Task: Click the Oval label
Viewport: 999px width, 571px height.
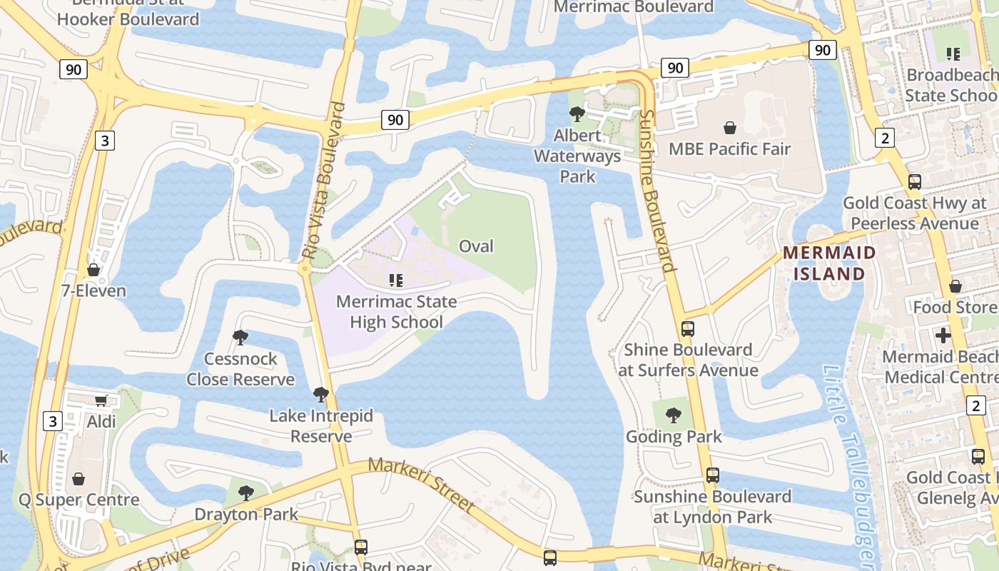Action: point(476,246)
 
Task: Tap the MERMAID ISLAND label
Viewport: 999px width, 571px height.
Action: point(829,263)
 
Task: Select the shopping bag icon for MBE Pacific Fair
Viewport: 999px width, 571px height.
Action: point(730,128)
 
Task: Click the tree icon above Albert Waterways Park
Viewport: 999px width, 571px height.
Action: point(577,114)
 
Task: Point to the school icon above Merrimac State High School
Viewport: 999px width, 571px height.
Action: point(396,281)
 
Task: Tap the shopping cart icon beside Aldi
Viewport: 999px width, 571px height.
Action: point(101,400)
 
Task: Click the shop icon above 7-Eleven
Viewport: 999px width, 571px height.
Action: point(93,270)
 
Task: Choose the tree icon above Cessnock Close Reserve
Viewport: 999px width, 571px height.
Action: point(240,337)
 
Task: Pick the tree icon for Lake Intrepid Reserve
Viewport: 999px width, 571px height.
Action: point(321,394)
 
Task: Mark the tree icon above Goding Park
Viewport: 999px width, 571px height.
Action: point(673,415)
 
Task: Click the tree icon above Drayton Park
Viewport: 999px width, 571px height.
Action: point(246,492)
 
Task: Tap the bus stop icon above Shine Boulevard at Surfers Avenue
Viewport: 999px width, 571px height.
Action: point(688,328)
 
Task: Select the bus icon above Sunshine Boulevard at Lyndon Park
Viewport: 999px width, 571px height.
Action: point(712,475)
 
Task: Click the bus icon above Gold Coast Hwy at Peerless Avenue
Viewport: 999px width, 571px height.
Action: point(915,181)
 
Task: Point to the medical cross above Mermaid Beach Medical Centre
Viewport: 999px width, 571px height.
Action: point(943,335)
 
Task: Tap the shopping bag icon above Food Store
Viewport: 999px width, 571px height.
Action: point(955,286)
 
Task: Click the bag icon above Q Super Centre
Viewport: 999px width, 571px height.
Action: point(78,478)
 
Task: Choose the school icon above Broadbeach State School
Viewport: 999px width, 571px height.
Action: point(953,54)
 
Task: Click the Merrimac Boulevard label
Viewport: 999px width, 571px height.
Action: point(634,7)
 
